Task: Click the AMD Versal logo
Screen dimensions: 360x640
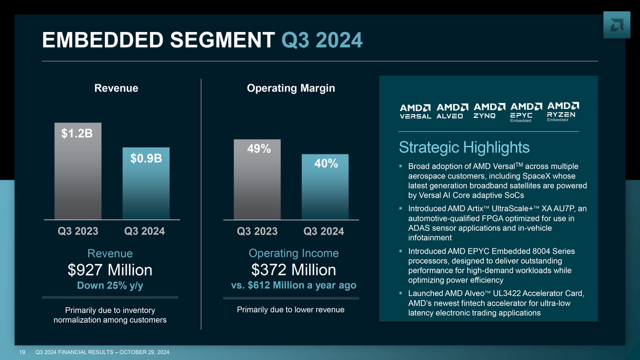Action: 415,111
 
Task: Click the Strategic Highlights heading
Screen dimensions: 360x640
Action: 464,147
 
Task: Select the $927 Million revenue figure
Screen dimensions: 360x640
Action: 110,270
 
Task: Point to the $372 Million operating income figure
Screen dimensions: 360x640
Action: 294,270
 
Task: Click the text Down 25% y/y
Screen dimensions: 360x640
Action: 110,286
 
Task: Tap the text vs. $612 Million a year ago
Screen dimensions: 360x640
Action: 294,286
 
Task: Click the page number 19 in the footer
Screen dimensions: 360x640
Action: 23,351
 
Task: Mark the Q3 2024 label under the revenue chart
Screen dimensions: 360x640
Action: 145,231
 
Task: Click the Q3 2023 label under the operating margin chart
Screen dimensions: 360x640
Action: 257,231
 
